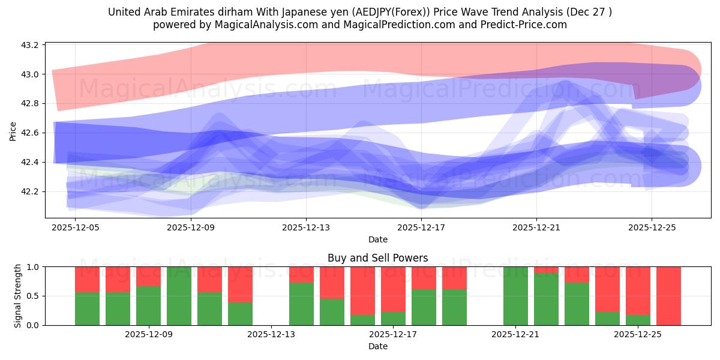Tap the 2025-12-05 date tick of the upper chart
click(75, 228)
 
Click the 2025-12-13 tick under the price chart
click(306, 228)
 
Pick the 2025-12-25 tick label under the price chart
click(652, 228)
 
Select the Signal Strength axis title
click(18, 296)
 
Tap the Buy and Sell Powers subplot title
click(377, 258)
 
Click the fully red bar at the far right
click(668, 296)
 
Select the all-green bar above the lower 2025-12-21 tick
click(515, 296)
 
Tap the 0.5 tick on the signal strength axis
click(33, 296)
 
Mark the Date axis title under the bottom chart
click(377, 346)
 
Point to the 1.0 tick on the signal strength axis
click(33, 267)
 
